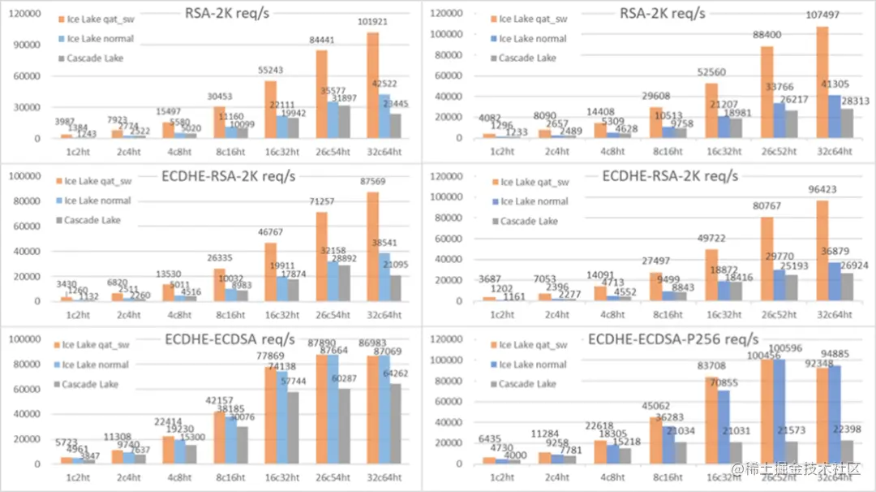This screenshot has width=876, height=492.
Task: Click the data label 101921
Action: click(372, 22)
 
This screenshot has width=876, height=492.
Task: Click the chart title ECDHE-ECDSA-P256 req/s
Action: click(673, 339)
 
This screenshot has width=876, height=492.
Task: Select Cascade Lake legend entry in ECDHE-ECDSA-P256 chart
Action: click(527, 384)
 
